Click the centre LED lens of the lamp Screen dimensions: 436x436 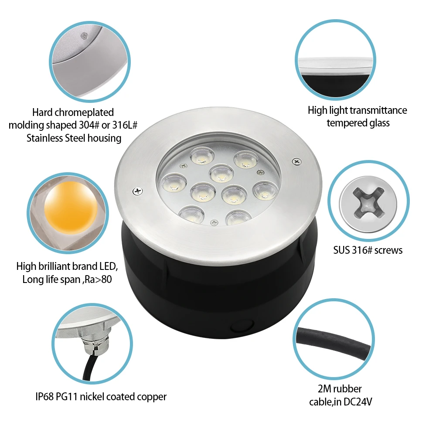pos(221,173)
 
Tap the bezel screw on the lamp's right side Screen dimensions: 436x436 pos(296,161)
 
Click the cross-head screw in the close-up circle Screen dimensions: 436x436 pos(368,202)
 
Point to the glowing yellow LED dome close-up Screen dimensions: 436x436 pos(71,208)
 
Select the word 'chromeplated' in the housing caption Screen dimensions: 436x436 pos(84,112)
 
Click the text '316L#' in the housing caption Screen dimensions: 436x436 pos(125,126)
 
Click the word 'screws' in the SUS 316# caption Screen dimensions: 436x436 pos(388,251)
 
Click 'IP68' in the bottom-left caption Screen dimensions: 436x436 pos(44,397)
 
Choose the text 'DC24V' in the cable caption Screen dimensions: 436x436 pos(358,402)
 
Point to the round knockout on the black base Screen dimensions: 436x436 pos(242,326)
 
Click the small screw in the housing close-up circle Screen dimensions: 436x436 pos(84,36)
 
